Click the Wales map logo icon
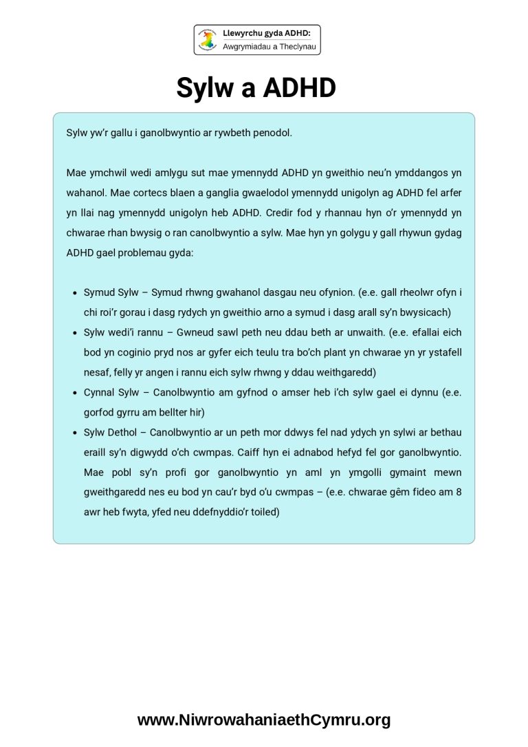click(x=208, y=40)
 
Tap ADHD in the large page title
click(x=299, y=88)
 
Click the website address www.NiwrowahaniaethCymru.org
click(x=264, y=720)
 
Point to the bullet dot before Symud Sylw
click(x=74, y=292)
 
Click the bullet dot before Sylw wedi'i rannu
click(x=74, y=332)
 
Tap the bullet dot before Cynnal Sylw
click(x=74, y=392)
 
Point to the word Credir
click(x=280, y=212)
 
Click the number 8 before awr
click(x=457, y=492)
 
